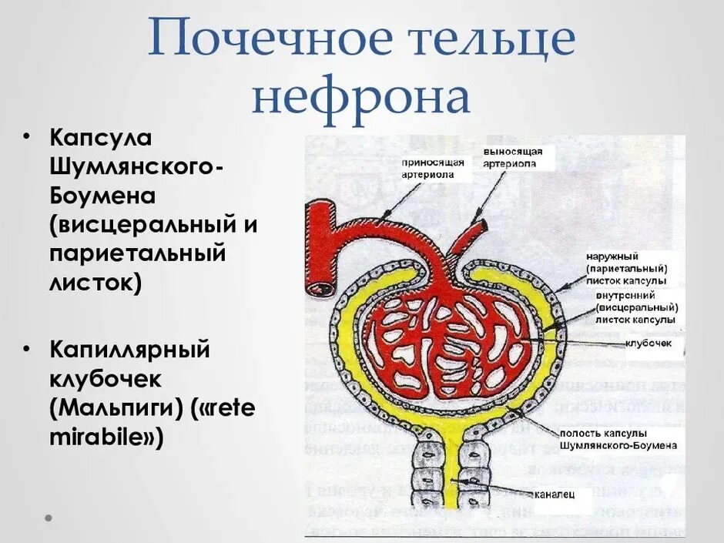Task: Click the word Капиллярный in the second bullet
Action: tap(130, 350)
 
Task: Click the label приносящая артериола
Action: tap(432, 168)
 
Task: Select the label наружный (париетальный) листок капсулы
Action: tap(626, 268)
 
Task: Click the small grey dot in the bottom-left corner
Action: tap(48, 517)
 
